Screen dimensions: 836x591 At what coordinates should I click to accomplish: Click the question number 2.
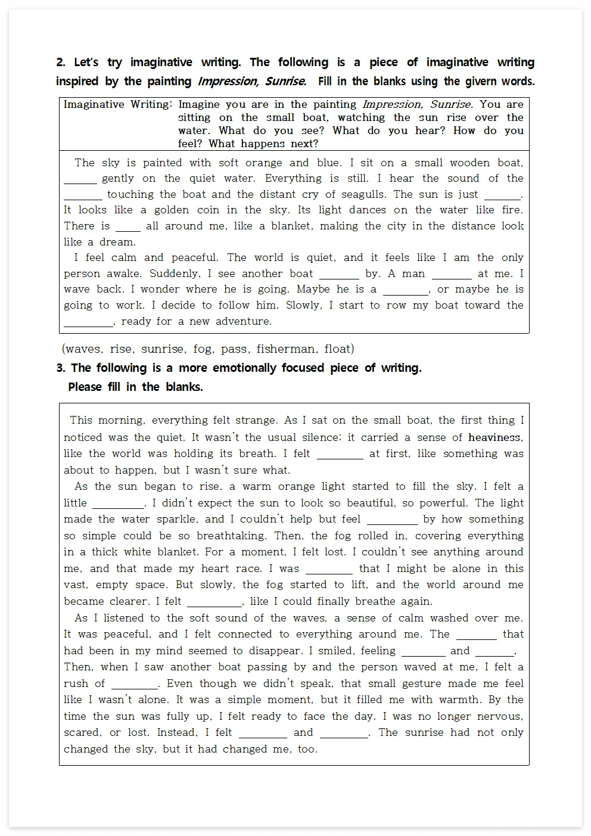60,63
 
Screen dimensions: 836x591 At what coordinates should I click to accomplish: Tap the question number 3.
61,368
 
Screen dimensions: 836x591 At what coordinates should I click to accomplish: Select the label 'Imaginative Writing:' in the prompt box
117,104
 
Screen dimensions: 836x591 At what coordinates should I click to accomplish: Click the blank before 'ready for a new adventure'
88,323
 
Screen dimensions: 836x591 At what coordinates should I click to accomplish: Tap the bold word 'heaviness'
494,437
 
